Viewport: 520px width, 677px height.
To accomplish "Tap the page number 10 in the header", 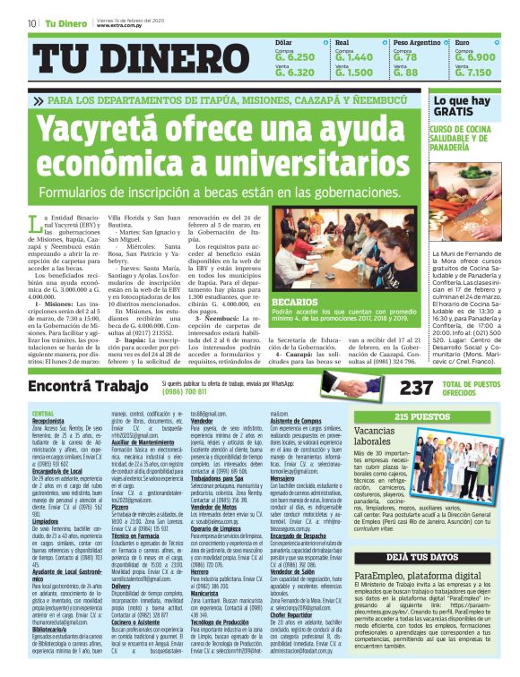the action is point(30,23).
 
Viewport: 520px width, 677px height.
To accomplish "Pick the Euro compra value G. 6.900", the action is point(473,56).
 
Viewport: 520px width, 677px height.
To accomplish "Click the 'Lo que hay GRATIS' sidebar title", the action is point(461,107).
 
